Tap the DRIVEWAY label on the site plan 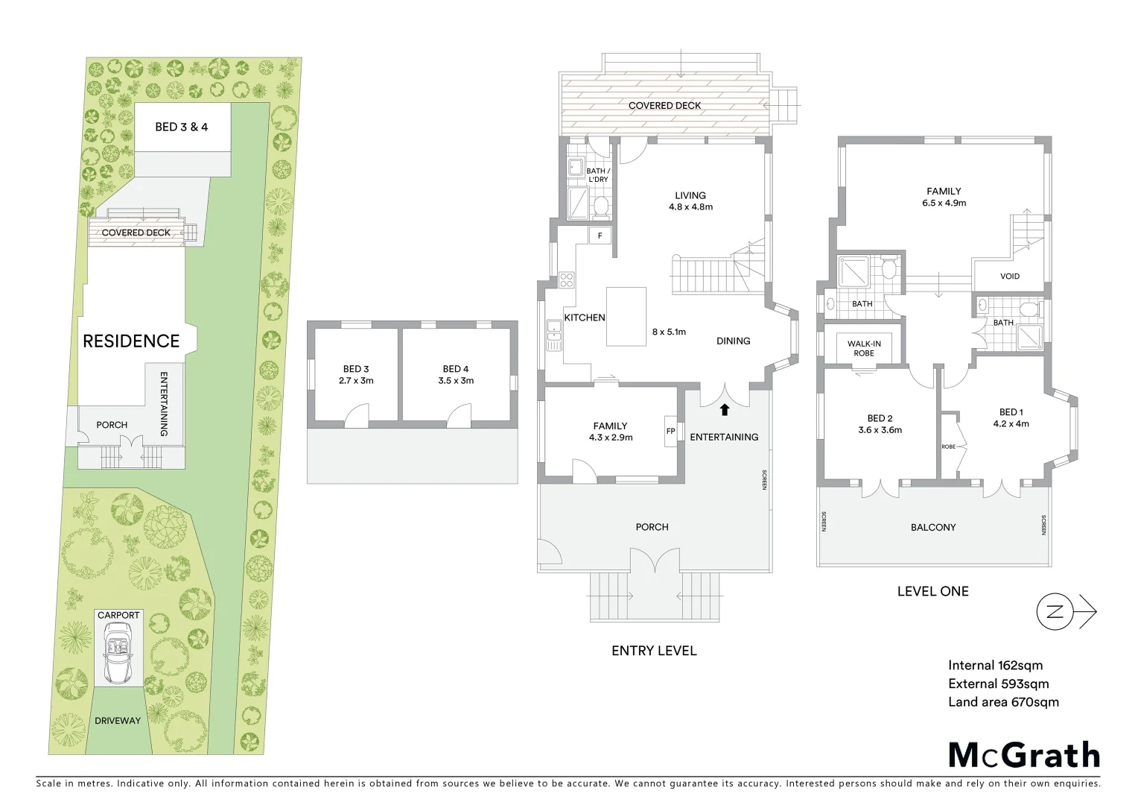[x=117, y=721]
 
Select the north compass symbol [x=1055, y=612]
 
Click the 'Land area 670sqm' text [x=1003, y=702]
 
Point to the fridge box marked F [x=600, y=236]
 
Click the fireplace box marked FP [x=670, y=431]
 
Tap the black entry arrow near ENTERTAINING [x=724, y=409]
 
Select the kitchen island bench [x=626, y=317]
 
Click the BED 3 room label [x=356, y=369]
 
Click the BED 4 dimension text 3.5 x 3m [x=456, y=381]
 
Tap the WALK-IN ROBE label [x=864, y=348]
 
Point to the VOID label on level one [x=1010, y=277]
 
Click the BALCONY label [x=933, y=527]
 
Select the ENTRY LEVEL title [x=654, y=651]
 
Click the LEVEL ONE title [x=932, y=591]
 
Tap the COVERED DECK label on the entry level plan [x=664, y=106]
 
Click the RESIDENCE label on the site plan [x=131, y=341]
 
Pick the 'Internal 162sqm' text [x=995, y=666]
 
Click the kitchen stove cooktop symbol [x=567, y=280]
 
